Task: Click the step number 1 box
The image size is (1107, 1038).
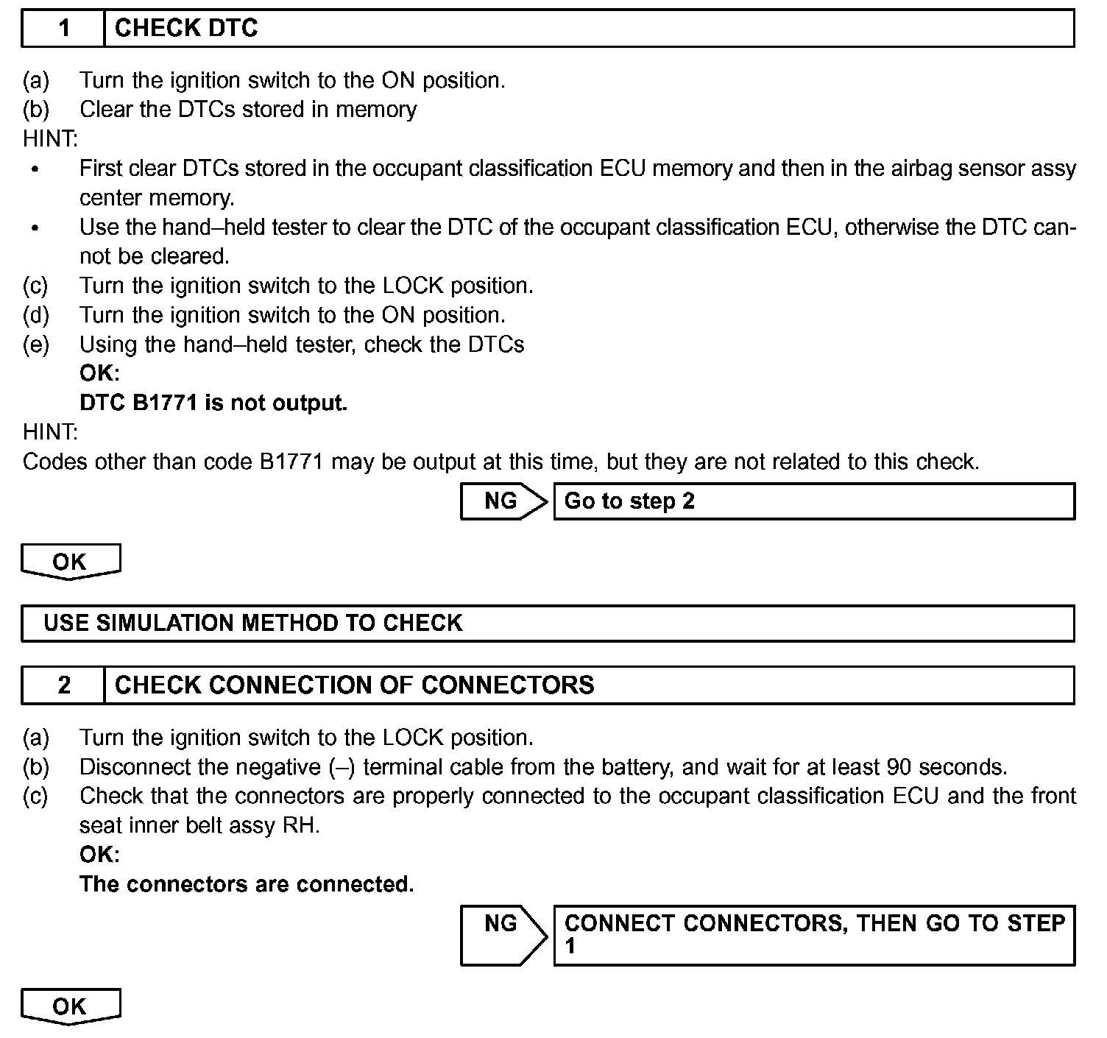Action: click(63, 29)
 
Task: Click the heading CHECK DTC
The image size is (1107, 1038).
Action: click(186, 29)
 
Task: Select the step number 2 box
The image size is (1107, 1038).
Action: click(63, 685)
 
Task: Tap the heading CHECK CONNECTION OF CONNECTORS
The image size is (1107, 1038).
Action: click(354, 685)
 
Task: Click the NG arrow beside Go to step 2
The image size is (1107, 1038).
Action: click(503, 501)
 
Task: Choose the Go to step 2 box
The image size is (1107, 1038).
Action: click(813, 501)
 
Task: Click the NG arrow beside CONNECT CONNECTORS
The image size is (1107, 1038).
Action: click(503, 934)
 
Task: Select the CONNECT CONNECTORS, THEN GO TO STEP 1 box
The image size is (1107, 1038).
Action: click(813, 934)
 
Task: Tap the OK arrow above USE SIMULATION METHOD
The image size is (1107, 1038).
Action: click(71, 562)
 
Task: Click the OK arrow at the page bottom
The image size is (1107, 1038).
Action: click(71, 1006)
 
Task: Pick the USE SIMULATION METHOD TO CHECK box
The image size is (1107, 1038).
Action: click(547, 624)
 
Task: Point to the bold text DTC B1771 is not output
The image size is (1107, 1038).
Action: click(213, 403)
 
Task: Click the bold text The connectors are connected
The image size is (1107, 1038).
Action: click(247, 884)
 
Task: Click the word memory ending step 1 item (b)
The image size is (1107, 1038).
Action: click(376, 110)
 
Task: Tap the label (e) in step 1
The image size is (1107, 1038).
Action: click(36, 345)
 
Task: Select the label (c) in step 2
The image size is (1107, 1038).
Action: click(36, 797)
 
